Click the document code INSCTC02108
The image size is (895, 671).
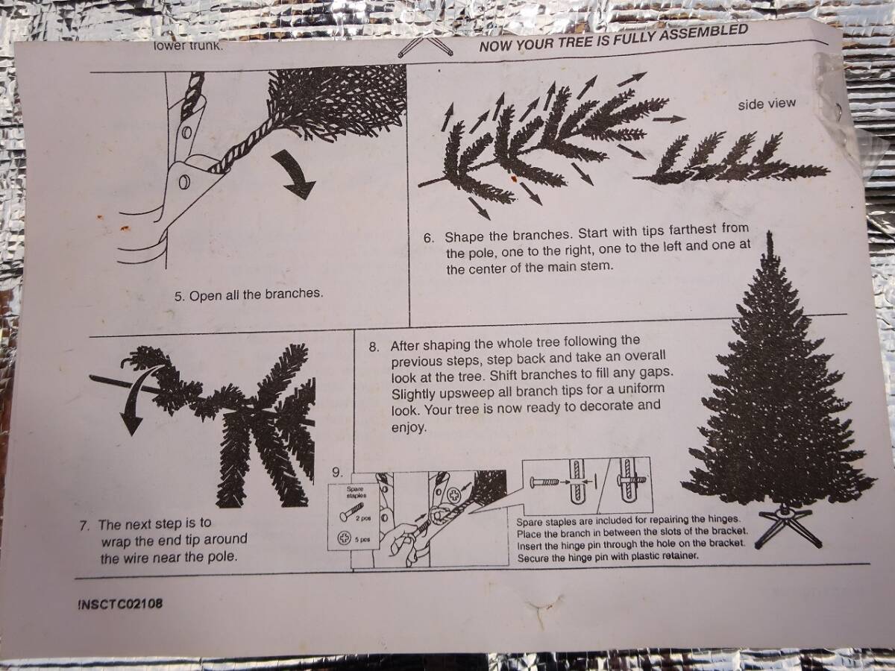[x=120, y=603]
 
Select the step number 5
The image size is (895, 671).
[x=178, y=296]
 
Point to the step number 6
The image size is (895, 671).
[x=429, y=238]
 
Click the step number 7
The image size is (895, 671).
[x=85, y=526]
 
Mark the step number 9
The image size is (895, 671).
[x=337, y=473]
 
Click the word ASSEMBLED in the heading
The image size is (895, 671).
[x=704, y=32]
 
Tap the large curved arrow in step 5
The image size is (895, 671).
[x=295, y=173]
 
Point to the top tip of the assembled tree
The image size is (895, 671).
[x=770, y=231]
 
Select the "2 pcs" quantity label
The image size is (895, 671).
[x=363, y=519]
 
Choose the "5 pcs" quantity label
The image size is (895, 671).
[x=362, y=539]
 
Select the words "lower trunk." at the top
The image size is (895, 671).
[x=189, y=45]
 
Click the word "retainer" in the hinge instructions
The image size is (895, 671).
[x=675, y=555]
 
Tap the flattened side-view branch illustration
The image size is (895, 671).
[x=732, y=161]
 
